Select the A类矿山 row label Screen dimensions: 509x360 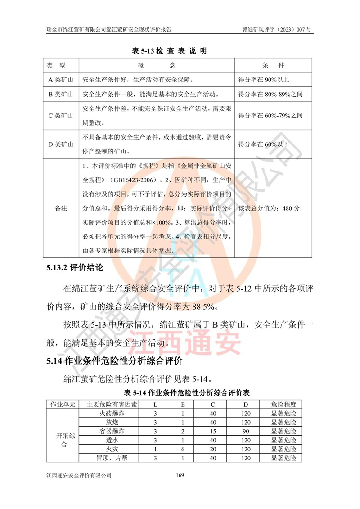(61, 80)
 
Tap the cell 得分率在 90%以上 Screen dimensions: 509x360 (264, 80)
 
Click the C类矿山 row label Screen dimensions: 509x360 (61, 116)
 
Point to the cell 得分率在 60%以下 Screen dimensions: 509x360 (264, 144)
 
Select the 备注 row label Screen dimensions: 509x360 (61, 209)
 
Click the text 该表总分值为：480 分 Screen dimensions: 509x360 (269, 209)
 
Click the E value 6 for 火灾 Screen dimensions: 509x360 (183, 449)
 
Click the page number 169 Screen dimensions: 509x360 (180, 475)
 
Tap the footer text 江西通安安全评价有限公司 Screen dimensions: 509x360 (79, 475)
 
